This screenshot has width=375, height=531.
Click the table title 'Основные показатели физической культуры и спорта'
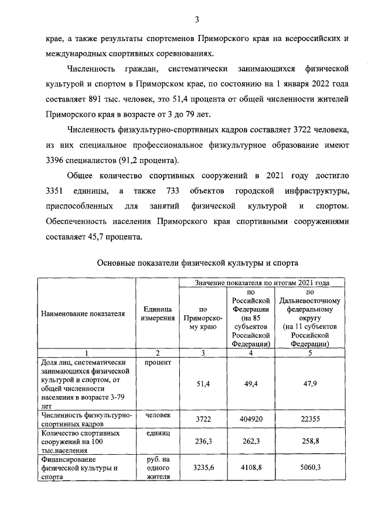197,263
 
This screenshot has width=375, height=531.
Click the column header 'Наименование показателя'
83,313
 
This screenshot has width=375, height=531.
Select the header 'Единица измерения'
156,313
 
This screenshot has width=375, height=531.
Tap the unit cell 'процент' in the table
156,362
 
